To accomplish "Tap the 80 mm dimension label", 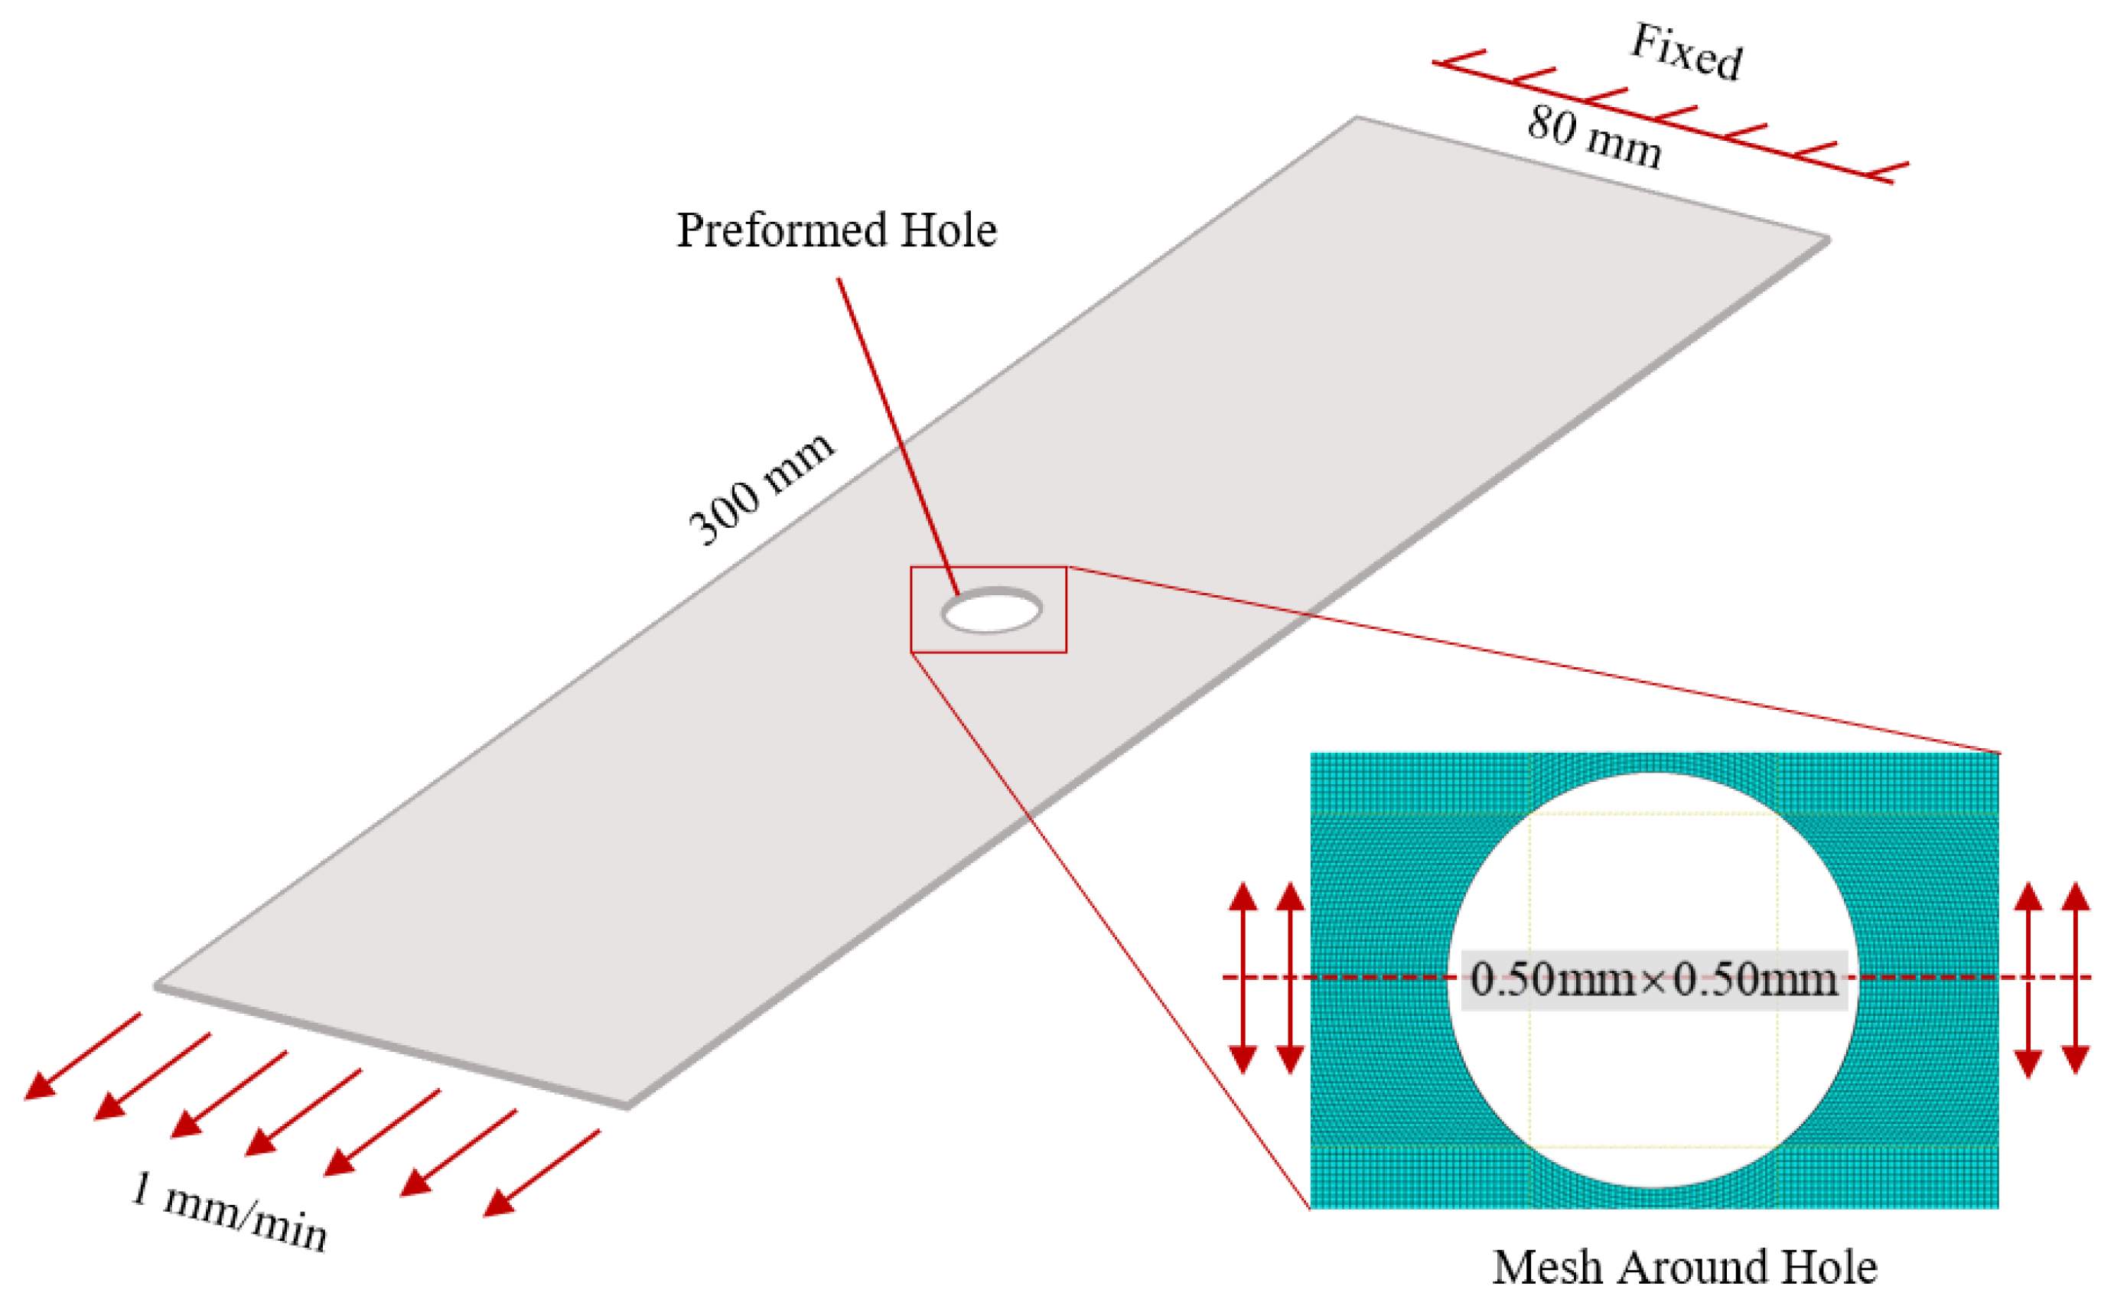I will [x=1593, y=137].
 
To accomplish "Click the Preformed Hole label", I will [x=836, y=230].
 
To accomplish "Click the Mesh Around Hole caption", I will [x=1685, y=1268].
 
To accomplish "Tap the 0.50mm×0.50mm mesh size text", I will [x=1653, y=980].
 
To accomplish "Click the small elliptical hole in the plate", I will [x=992, y=611].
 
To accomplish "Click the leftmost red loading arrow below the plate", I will [x=82, y=1057].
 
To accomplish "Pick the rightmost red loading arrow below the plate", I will [x=541, y=1173].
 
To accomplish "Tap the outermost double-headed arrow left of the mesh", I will [x=1243, y=978].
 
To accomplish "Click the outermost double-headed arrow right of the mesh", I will [x=2076, y=978].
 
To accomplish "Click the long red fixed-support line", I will [x=1662, y=121].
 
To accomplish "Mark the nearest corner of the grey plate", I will [x=627, y=1105].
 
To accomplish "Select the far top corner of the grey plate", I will [x=1356, y=117].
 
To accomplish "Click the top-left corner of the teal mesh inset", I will [x=1312, y=755].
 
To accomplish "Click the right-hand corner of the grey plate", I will [x=1829, y=239].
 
